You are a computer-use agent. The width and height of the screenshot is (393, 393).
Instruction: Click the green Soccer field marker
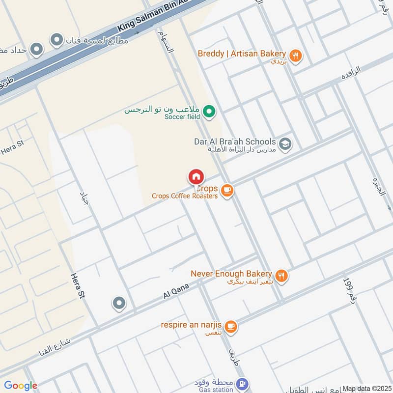coord(210,113)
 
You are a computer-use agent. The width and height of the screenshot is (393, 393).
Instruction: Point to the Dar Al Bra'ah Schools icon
coord(285,144)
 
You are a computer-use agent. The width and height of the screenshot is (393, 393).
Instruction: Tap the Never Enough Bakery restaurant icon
coord(281,277)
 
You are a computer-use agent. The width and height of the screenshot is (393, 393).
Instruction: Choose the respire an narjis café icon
coord(230,326)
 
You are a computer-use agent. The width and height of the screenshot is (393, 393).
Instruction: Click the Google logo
coord(21,386)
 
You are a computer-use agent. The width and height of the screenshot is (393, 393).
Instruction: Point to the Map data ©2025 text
coord(366,389)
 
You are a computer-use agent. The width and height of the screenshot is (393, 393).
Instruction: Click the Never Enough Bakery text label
coord(231,273)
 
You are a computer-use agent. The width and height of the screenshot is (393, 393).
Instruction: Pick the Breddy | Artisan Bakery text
coord(242,53)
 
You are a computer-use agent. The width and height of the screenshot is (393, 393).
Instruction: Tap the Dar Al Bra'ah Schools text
coord(235,141)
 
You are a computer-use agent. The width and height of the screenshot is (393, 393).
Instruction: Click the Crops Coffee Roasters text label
coord(184,196)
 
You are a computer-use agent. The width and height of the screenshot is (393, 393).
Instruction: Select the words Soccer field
coord(182,117)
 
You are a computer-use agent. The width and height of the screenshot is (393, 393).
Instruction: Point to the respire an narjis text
coord(192,325)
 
